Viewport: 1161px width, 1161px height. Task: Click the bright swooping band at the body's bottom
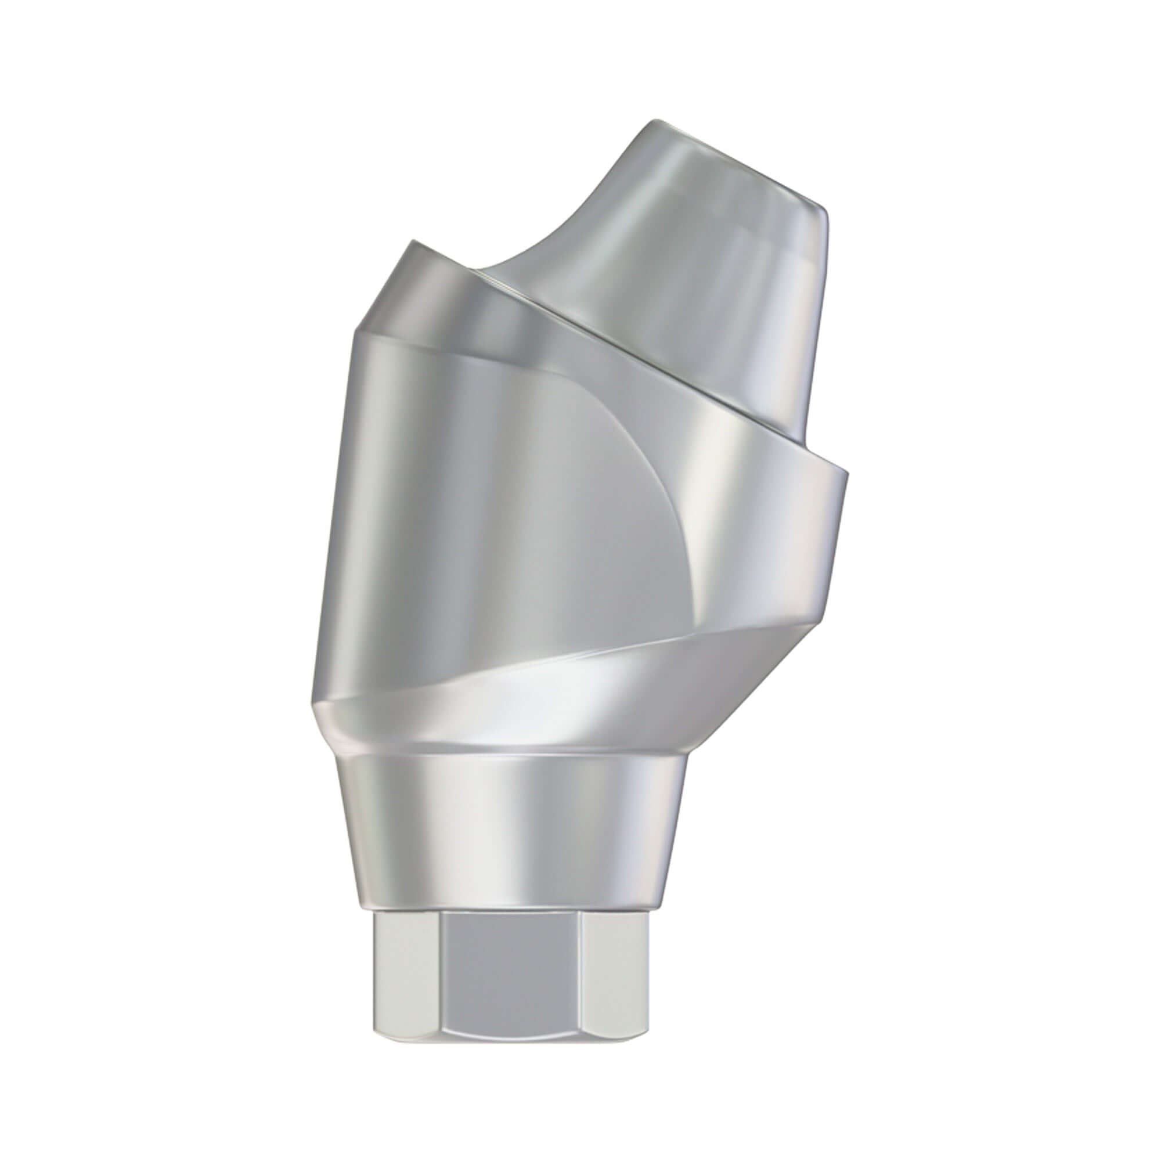tap(541, 691)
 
